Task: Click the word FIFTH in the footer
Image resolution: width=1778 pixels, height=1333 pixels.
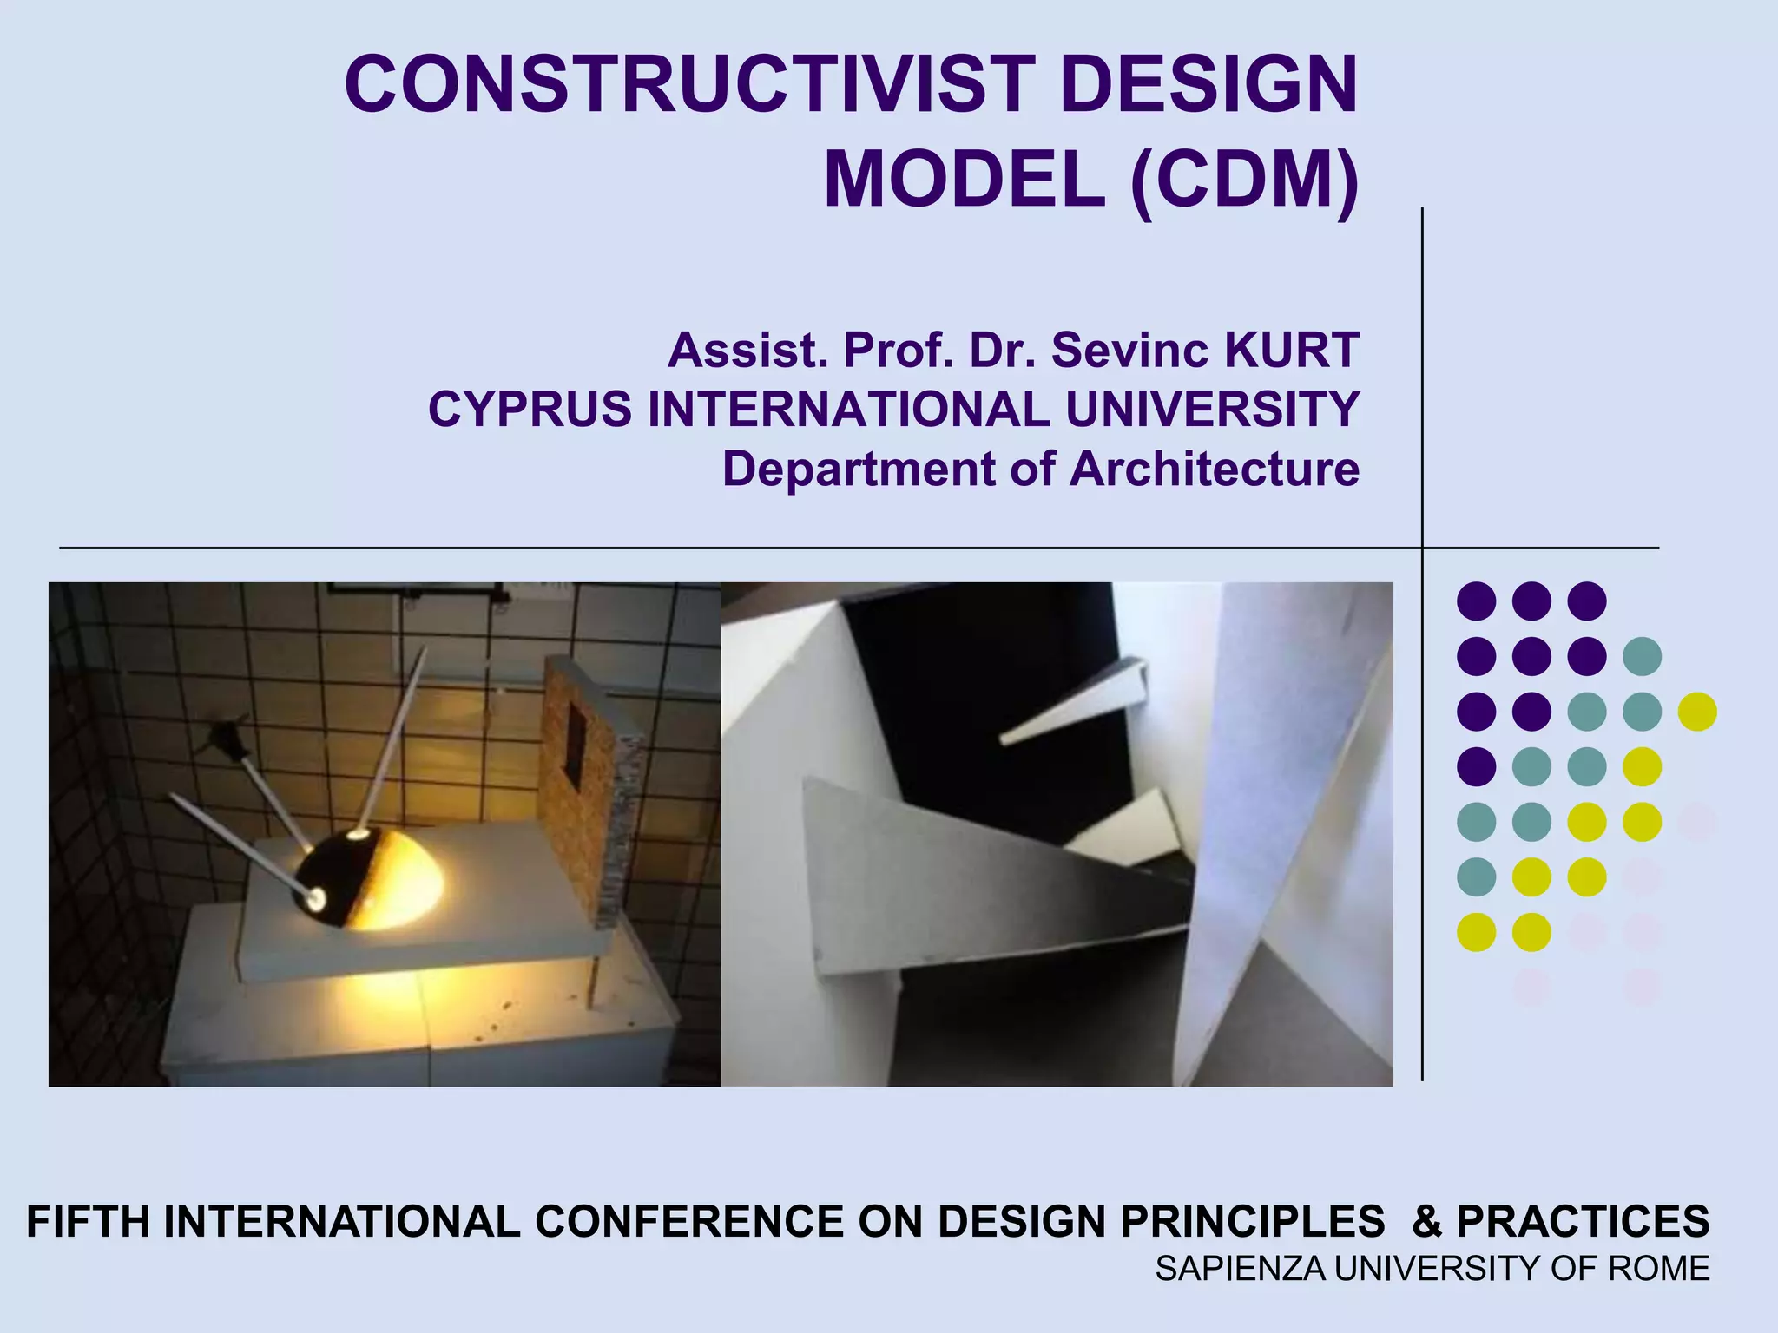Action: point(89,1222)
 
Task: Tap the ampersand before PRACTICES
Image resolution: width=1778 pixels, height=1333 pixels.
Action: point(1427,1222)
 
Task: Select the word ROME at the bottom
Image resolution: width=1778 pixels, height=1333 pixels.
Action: point(1659,1269)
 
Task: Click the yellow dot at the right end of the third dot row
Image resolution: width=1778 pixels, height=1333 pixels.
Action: point(1696,712)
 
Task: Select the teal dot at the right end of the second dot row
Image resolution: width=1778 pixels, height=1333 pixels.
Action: point(1642,656)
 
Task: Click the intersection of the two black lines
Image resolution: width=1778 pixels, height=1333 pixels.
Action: point(1422,548)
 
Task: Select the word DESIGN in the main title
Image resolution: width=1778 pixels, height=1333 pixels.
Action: point(1208,85)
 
